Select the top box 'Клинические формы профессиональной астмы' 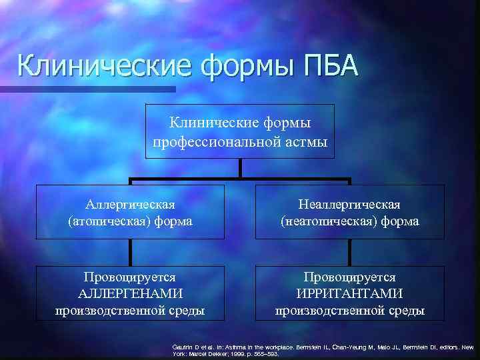click(x=241, y=131)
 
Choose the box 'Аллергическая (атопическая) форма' click(x=130, y=211)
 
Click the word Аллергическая click(x=131, y=203)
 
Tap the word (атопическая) click(x=107, y=221)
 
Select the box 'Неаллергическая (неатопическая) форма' click(x=350, y=211)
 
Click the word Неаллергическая click(x=350, y=203)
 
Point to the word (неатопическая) click(x=325, y=221)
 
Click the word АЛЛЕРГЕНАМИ click(x=130, y=294)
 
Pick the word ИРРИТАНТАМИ click(x=350, y=294)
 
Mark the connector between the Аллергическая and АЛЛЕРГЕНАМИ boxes click(x=131, y=252)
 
